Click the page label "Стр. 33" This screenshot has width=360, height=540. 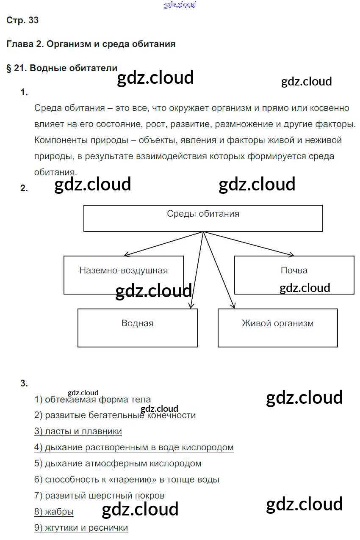coord(22,20)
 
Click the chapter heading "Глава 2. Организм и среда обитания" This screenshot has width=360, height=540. coord(91,44)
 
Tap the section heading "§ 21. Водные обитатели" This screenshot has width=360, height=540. coord(62,68)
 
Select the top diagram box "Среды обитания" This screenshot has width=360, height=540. coord(203,218)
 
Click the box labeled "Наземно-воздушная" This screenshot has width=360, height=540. coord(123,275)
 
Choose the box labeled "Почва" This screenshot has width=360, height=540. coord(294,275)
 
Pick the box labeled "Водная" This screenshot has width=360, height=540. coord(137,328)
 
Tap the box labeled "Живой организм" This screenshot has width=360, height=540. coord(277,328)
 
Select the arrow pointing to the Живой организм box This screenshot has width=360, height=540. coord(219,271)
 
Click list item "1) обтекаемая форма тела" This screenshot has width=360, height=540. coord(92,399)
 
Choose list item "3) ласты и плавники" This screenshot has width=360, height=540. coord(78,431)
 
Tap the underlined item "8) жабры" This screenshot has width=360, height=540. coord(54,512)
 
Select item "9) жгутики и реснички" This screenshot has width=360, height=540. coord(81,528)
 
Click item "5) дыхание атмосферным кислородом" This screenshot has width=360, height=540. coord(118,463)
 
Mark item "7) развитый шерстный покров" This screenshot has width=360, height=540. coord(99,496)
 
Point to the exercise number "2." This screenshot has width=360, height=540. coord(24,188)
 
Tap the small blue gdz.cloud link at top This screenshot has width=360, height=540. coord(180,5)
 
